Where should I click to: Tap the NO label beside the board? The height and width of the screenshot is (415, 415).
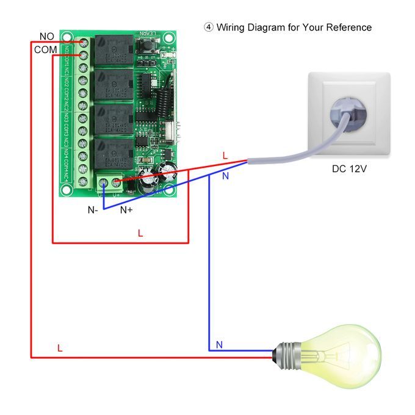46,37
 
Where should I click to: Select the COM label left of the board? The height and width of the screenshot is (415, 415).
45,49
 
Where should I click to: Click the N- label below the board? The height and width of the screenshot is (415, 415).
93,210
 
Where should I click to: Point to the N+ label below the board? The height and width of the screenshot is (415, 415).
126,210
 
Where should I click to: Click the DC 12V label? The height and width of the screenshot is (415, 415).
349,169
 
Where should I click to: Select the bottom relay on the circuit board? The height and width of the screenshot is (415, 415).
114,153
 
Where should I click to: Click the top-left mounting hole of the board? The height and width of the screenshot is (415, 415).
67,34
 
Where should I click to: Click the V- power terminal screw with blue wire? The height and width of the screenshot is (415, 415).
103,181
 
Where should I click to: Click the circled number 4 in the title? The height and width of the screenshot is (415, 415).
209,27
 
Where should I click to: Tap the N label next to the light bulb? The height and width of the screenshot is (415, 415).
219,345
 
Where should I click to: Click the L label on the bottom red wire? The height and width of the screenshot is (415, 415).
60,348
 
